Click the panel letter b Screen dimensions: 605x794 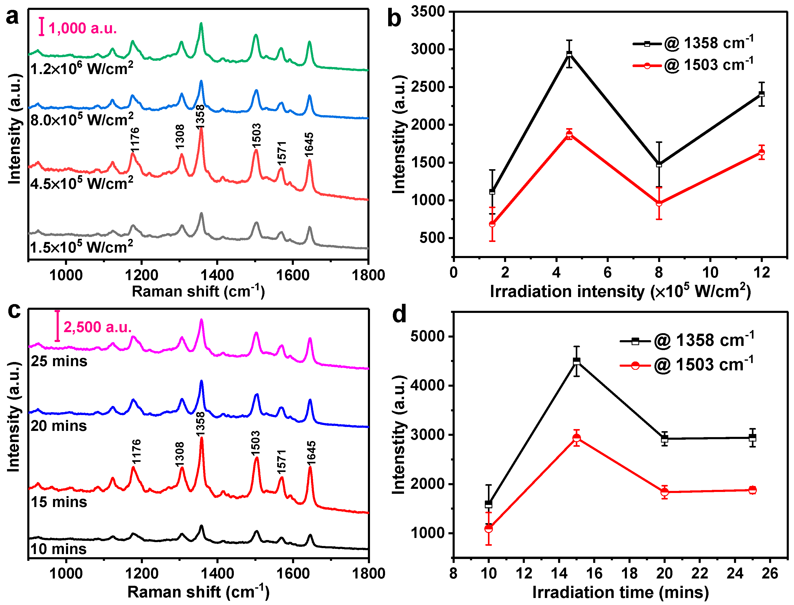click(x=394, y=19)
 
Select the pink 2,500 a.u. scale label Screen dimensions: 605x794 click(x=97, y=327)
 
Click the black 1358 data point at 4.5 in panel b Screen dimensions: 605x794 click(x=569, y=54)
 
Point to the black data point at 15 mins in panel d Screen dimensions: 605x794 click(x=577, y=361)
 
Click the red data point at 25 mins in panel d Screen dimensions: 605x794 click(x=752, y=490)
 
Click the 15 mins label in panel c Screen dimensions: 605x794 click(x=59, y=502)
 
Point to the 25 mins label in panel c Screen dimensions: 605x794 click(x=59, y=361)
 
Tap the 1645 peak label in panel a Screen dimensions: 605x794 click(x=309, y=145)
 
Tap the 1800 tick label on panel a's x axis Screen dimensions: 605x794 click(x=368, y=275)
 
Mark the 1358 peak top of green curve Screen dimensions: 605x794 click(x=201, y=24)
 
